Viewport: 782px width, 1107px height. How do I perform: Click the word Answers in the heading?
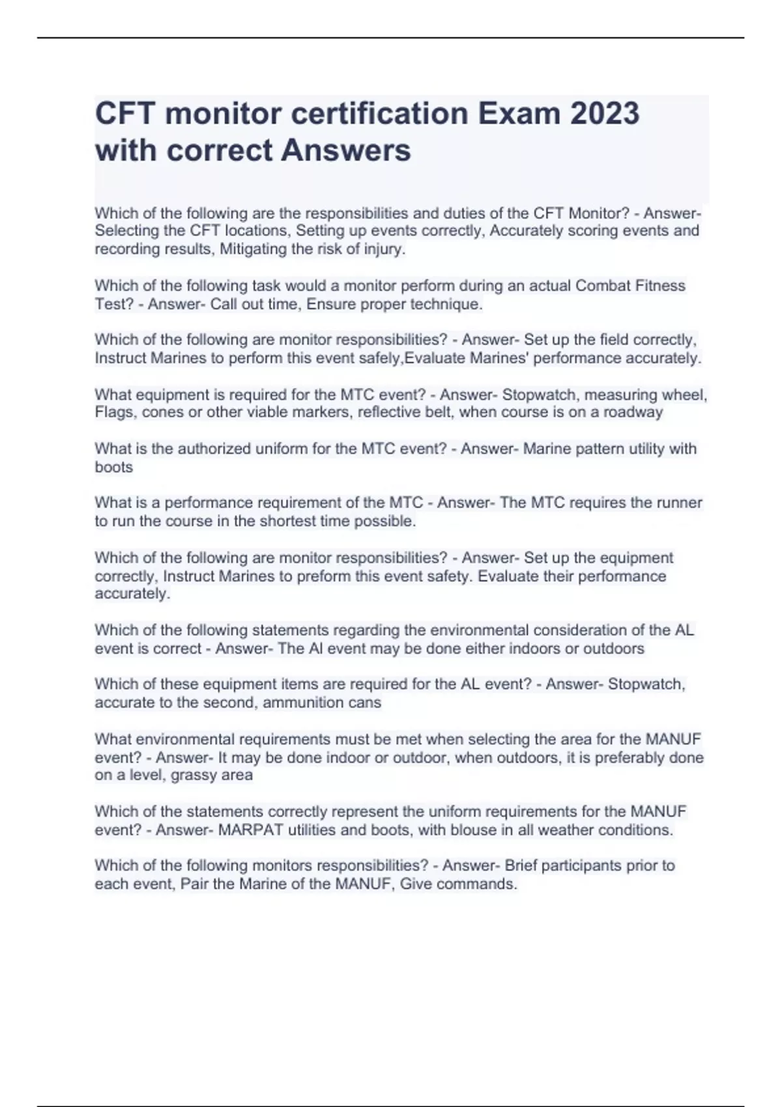tap(346, 150)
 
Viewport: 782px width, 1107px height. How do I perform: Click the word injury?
tap(386, 249)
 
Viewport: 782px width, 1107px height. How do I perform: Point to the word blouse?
tap(471, 830)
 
